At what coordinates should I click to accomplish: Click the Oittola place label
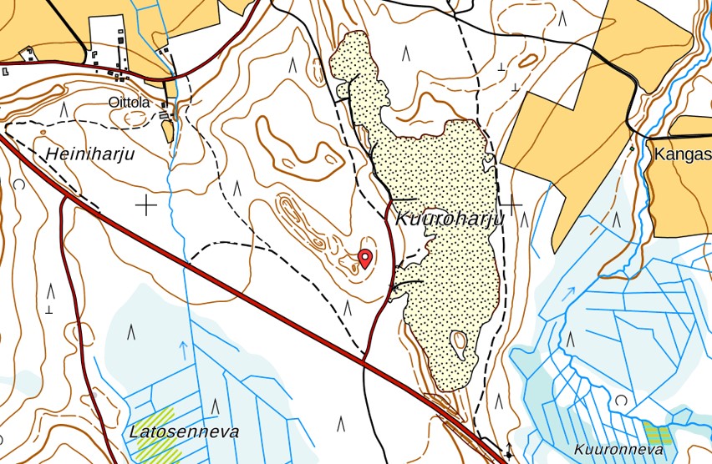(x=129, y=102)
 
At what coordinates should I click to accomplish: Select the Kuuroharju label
(x=449, y=219)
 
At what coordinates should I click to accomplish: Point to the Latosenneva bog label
(x=184, y=432)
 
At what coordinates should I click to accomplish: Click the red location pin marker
(x=364, y=257)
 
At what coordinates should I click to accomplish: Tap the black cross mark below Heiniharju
(x=147, y=204)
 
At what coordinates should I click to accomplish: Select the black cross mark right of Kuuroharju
(x=510, y=203)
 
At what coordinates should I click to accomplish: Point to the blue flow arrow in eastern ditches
(x=570, y=293)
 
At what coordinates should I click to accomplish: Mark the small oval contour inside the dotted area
(x=459, y=341)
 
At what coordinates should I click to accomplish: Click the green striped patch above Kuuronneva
(x=658, y=433)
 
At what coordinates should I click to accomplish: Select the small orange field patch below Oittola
(x=168, y=131)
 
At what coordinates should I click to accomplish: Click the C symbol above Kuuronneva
(x=620, y=401)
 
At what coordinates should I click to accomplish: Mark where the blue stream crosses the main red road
(x=188, y=263)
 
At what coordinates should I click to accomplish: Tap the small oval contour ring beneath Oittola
(x=135, y=119)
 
